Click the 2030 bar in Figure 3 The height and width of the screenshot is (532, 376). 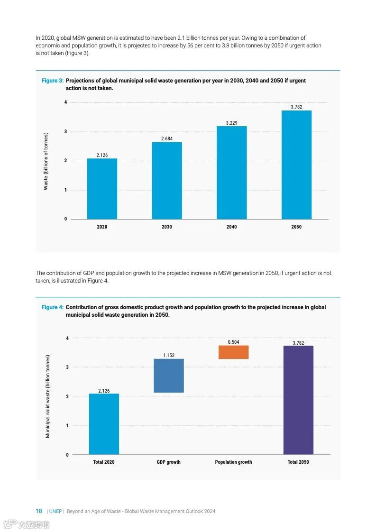167,181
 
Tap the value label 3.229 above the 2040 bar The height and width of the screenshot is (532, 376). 231,123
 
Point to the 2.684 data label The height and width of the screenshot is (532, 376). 167,138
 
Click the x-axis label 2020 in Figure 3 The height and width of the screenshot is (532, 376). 102,227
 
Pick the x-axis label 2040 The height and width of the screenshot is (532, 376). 231,227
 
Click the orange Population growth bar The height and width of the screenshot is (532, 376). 233,352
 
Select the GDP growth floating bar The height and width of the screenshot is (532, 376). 169,376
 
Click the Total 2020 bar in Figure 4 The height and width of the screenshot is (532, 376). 104,424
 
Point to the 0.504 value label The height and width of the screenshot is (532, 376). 233,342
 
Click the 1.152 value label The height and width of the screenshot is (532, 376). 169,355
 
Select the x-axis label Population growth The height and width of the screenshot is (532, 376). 233,462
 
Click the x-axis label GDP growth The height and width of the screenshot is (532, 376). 169,462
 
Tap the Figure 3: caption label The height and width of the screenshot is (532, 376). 53,81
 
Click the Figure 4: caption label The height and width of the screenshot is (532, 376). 53,307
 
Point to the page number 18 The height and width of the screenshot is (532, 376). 39,511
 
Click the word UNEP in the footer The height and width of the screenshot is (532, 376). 55,511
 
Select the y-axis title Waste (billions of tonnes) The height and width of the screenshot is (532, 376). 46,161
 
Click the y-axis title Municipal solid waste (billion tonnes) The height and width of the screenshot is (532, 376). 47,396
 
